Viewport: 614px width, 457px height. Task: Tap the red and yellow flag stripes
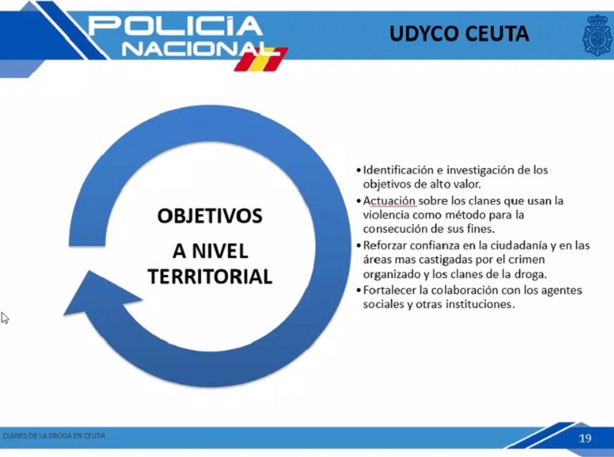pos(261,59)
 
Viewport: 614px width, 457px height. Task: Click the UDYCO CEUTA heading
pos(459,34)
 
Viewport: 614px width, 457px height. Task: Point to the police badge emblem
pos(597,35)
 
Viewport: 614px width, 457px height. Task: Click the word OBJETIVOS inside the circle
pos(210,216)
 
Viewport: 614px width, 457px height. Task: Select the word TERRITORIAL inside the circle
pos(210,276)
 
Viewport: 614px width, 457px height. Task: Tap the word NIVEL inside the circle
pos(220,251)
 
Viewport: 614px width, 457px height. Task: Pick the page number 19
pos(585,438)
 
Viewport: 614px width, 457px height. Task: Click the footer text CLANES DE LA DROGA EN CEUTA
pos(54,435)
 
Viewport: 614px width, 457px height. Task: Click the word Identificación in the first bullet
pos(398,170)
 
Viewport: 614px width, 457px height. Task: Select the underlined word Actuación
pos(390,201)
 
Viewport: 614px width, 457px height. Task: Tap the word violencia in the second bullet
pos(386,215)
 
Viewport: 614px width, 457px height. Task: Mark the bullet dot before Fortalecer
pos(359,290)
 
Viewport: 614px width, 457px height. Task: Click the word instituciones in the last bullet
pos(480,304)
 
